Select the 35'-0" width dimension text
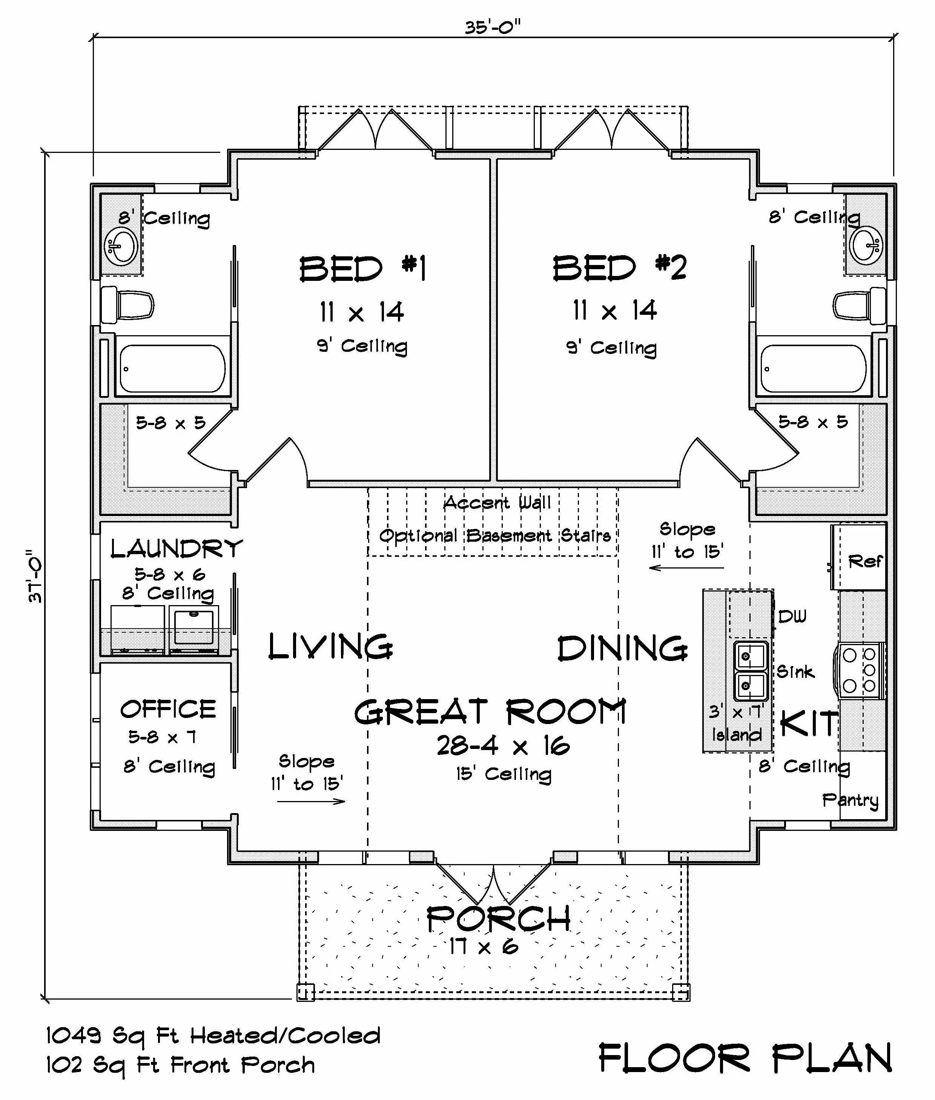[x=493, y=26]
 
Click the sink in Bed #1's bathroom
[x=122, y=246]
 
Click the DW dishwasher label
[x=792, y=616]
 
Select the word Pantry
[x=850, y=800]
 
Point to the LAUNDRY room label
[x=177, y=549]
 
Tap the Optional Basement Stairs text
[x=494, y=536]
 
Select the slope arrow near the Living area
[x=311, y=801]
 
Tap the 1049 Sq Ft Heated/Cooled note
[x=213, y=1036]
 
